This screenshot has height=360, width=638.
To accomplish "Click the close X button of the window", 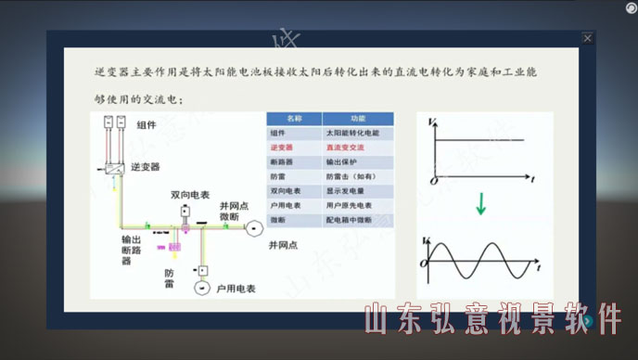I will tap(587, 38).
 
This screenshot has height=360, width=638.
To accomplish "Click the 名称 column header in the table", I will tap(294, 119).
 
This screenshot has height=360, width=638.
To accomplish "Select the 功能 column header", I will tap(358, 119).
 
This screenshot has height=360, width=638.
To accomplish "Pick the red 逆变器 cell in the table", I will tap(282, 148).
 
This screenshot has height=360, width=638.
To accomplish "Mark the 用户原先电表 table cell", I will tap(348, 204).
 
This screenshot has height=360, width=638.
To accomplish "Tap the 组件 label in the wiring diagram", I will tap(147, 125).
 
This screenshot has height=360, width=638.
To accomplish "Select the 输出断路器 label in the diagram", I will tap(131, 250).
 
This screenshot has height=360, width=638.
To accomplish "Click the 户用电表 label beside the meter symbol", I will tap(235, 289).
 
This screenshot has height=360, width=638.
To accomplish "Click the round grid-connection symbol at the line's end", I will tap(251, 227).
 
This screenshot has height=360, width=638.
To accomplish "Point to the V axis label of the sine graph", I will tap(426, 242).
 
